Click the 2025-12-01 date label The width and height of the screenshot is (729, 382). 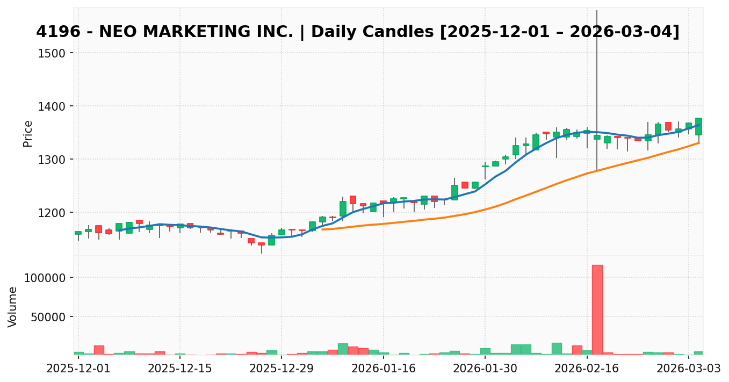(x=78, y=369)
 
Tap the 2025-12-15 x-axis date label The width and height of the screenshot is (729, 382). (x=180, y=369)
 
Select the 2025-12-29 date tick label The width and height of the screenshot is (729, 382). (x=282, y=369)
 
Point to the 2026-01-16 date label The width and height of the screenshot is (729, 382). (x=383, y=369)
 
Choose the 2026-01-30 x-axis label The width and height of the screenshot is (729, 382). (x=485, y=369)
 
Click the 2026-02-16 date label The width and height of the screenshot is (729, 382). (x=587, y=369)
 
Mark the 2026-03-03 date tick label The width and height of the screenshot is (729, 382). (x=688, y=369)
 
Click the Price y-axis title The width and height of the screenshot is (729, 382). (x=28, y=133)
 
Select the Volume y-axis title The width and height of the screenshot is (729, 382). (x=13, y=306)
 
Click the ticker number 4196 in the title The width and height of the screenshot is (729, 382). (x=54, y=32)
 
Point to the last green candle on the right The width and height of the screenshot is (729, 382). (x=698, y=126)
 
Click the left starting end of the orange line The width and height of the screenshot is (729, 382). (x=322, y=229)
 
